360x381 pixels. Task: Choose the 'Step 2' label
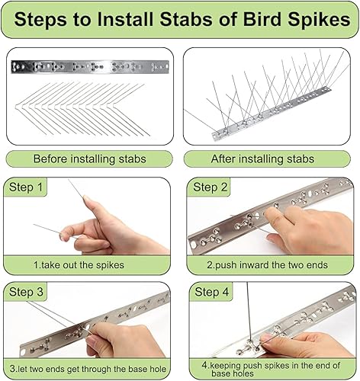211,187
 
